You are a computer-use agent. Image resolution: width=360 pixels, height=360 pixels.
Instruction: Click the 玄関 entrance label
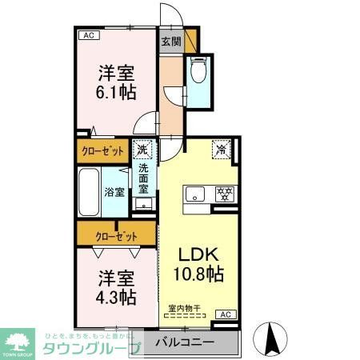point(170,42)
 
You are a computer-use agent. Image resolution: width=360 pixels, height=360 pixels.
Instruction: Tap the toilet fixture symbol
point(198,72)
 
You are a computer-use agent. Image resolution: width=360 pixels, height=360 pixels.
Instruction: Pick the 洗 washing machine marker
point(142,148)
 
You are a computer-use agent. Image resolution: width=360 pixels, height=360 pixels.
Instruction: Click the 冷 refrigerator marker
point(220,148)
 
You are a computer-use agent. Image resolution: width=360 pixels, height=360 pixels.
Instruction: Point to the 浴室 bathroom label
point(114,192)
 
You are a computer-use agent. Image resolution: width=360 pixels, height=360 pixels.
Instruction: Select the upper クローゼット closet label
point(102,150)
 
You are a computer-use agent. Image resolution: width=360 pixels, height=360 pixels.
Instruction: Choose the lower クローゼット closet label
point(117,236)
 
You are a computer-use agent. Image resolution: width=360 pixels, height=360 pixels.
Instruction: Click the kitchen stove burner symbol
point(224,193)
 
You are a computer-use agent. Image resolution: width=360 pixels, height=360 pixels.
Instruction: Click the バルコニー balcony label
point(184,342)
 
